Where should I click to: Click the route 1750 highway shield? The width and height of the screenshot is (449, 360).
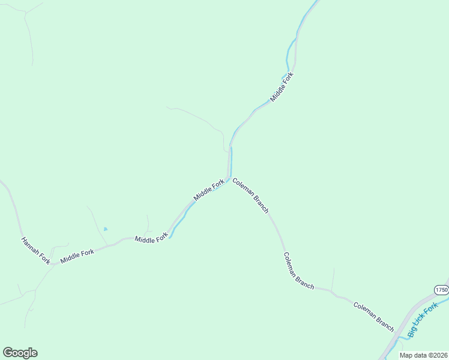click(441, 289)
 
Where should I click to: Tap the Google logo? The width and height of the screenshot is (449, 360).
click(20, 353)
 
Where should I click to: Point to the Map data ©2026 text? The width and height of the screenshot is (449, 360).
click(423, 355)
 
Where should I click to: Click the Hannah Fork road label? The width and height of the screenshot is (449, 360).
click(35, 250)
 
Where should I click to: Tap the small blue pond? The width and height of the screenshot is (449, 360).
click(106, 229)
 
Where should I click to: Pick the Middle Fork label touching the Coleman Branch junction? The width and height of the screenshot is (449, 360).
click(208, 190)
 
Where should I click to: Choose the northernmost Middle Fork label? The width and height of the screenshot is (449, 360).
click(282, 86)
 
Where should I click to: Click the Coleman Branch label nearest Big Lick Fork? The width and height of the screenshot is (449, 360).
click(373, 316)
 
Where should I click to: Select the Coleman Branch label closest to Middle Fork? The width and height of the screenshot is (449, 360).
click(250, 195)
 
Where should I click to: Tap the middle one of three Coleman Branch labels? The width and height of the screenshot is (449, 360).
click(299, 271)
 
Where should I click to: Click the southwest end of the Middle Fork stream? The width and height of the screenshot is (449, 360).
click(170, 237)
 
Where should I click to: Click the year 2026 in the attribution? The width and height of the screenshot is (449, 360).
click(439, 355)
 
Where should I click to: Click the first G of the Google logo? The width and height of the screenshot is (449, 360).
click(8, 353)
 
